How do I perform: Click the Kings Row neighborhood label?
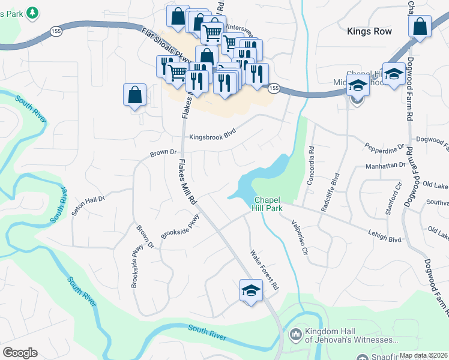pyautogui.click(x=369, y=31)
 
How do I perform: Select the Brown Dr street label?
pyautogui.click(x=163, y=153)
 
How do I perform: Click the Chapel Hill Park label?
pyautogui.click(x=268, y=204)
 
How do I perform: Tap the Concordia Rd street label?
pyautogui.click(x=311, y=169)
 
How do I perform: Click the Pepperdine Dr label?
pyautogui.click(x=385, y=148)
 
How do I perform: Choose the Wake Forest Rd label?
pyautogui.click(x=265, y=270)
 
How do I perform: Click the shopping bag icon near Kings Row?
pyautogui.click(x=420, y=26)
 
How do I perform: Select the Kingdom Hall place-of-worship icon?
pyautogui.click(x=295, y=334)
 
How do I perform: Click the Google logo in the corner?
pyautogui.click(x=20, y=353)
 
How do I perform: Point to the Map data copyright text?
pyautogui.click(x=423, y=355)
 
